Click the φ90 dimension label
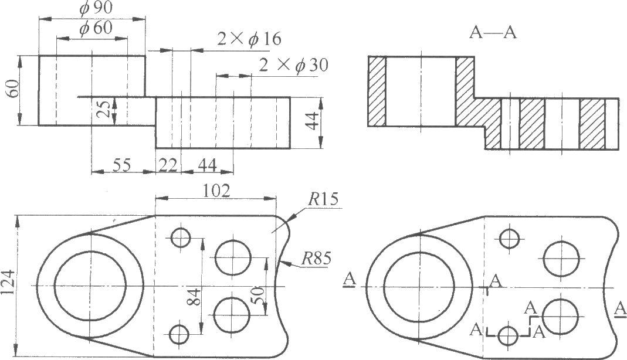click(x=92, y=9)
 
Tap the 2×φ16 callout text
click(x=249, y=39)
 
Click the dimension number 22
click(x=167, y=166)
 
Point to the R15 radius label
click(x=322, y=198)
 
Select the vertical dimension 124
click(x=11, y=286)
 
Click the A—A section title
click(x=493, y=33)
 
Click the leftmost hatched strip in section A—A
click(x=377, y=91)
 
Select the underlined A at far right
click(x=618, y=308)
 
